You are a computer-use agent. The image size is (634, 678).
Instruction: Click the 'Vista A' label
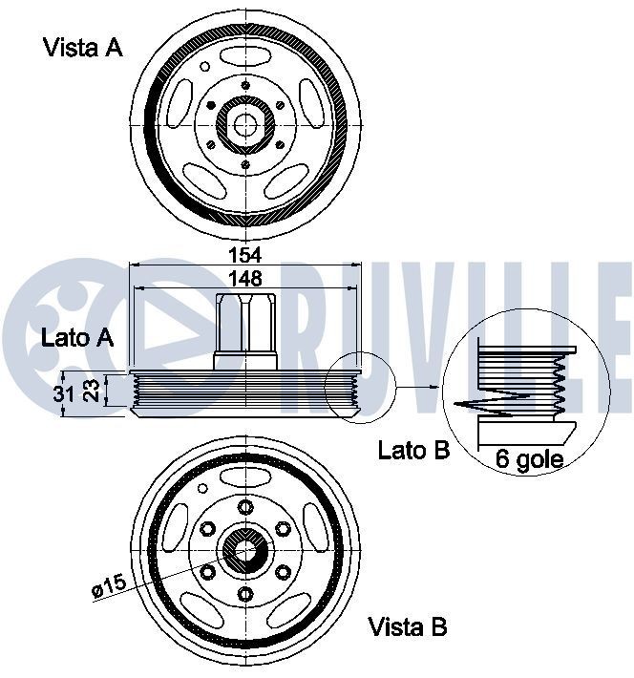(83, 49)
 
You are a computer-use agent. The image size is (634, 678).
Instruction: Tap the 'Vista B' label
(408, 627)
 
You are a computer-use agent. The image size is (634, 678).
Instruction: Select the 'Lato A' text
(77, 337)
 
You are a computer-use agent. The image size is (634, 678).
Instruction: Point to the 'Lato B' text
(413, 450)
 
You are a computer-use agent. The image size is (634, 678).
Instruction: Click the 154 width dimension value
(246, 256)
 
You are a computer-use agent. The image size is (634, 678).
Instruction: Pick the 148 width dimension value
(246, 278)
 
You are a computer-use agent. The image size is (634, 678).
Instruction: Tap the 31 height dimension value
(63, 393)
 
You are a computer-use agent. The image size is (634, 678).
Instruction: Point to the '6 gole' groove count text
(529, 460)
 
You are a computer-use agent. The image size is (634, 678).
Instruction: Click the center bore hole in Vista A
(245, 123)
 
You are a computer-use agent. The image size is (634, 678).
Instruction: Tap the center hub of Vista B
(245, 550)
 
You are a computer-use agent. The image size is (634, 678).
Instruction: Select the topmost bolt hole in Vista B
(245, 506)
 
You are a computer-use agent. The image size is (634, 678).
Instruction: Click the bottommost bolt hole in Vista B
(245, 594)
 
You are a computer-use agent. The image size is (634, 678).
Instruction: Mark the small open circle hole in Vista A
(203, 68)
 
